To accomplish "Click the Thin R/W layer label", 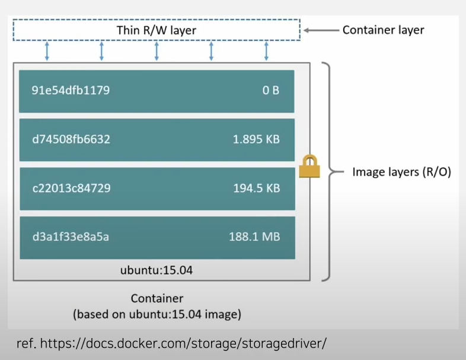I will [157, 30].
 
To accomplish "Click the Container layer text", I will [383, 30].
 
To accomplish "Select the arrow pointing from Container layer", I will [320, 30].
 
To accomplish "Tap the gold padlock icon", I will [309, 166].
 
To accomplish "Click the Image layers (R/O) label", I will [401, 172].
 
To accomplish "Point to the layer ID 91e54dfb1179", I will [71, 91].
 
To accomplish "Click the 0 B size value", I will [270, 91].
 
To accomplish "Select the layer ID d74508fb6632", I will [71, 140].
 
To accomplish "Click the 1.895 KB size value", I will [256, 140].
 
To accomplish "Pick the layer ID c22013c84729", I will [71, 189].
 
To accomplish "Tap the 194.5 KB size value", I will [256, 189].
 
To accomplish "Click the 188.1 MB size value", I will [254, 237].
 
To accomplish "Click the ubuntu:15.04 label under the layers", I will [157, 270].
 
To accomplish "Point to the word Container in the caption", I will [157, 298].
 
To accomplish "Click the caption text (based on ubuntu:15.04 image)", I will [157, 314].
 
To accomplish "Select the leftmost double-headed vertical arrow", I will [47, 51].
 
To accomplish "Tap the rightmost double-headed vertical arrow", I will [266, 51].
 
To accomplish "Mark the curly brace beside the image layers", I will [327, 171].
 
